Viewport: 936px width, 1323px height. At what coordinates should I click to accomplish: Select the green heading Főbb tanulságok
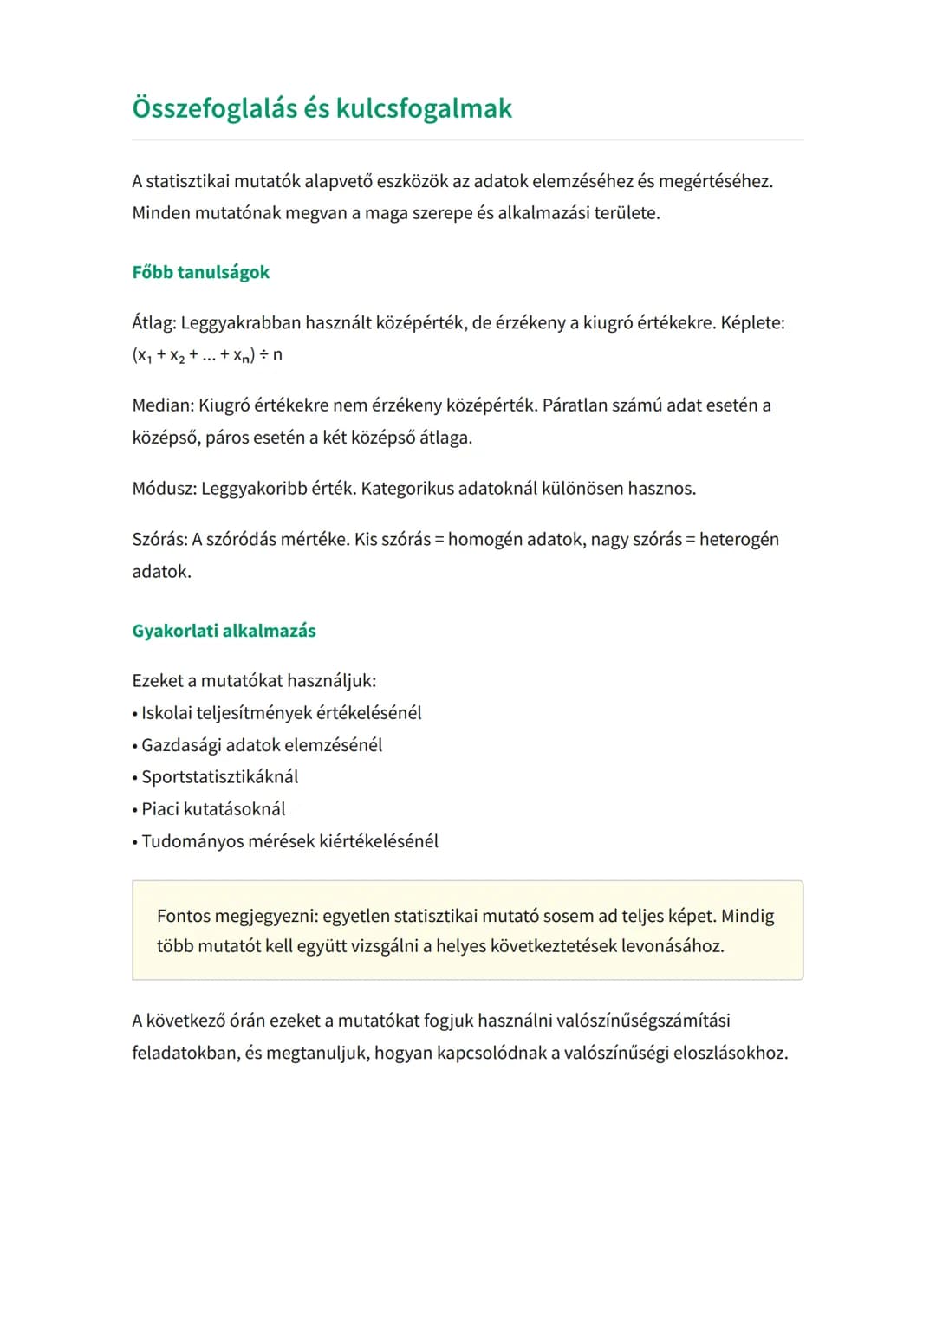200,272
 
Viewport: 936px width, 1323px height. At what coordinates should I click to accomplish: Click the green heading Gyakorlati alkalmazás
224,631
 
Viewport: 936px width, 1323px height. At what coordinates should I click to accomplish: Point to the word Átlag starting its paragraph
153,323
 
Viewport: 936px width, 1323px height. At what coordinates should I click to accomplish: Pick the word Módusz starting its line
163,489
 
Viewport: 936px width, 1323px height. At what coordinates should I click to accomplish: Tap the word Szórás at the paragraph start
159,540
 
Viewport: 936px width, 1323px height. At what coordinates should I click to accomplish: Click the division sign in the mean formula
263,355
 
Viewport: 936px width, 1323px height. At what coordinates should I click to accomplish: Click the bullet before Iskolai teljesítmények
135,715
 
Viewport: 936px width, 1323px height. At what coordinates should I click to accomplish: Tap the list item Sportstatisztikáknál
219,777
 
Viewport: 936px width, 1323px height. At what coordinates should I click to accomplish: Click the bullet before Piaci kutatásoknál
135,811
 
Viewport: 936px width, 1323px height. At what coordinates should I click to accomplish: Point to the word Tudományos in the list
192,841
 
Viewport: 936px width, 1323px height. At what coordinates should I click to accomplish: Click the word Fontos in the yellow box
183,917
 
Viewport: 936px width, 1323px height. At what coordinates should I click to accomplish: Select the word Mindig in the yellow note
747,917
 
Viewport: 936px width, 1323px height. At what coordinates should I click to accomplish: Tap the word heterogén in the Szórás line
738,540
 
